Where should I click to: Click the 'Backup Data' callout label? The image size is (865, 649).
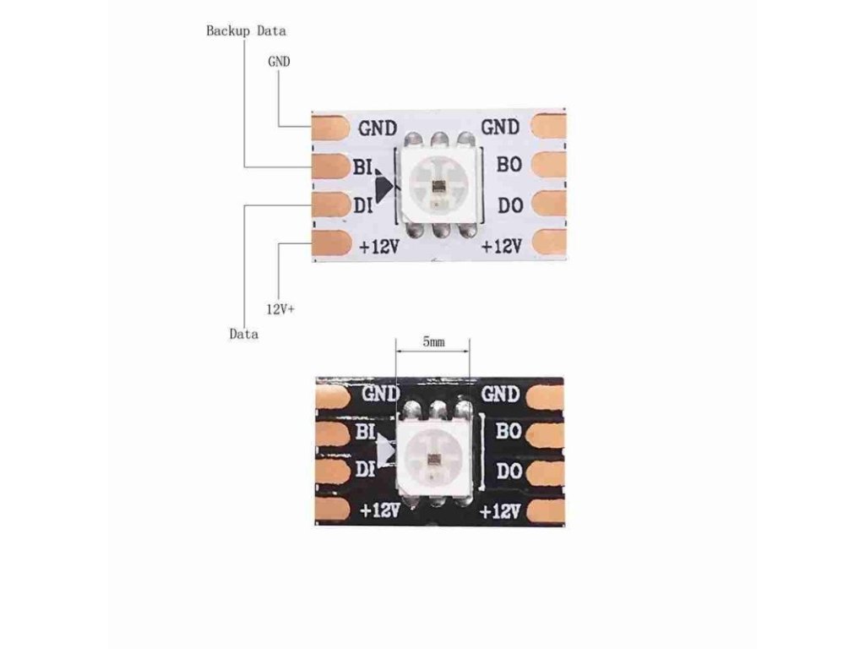[246, 31]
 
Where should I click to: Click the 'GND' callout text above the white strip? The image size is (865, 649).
[279, 61]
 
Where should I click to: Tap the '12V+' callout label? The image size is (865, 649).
[280, 309]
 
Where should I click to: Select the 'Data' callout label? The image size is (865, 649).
[243, 334]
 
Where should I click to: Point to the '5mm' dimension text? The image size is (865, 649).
[433, 342]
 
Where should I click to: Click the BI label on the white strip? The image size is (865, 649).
[362, 166]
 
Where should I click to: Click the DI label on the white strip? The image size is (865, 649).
[362, 206]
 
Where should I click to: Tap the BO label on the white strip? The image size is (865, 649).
[509, 164]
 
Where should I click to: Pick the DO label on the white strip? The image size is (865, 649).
[510, 205]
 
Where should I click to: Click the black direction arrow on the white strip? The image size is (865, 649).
[384, 187]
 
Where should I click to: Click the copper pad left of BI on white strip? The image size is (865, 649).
[331, 166]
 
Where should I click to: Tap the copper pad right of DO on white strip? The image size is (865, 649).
[549, 205]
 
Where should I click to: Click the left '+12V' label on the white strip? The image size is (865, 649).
[379, 246]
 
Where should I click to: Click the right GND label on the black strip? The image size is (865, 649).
[500, 394]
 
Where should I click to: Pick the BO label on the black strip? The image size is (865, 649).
[509, 430]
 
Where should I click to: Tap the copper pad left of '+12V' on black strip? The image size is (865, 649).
[333, 510]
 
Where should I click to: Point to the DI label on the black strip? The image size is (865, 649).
[365, 469]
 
